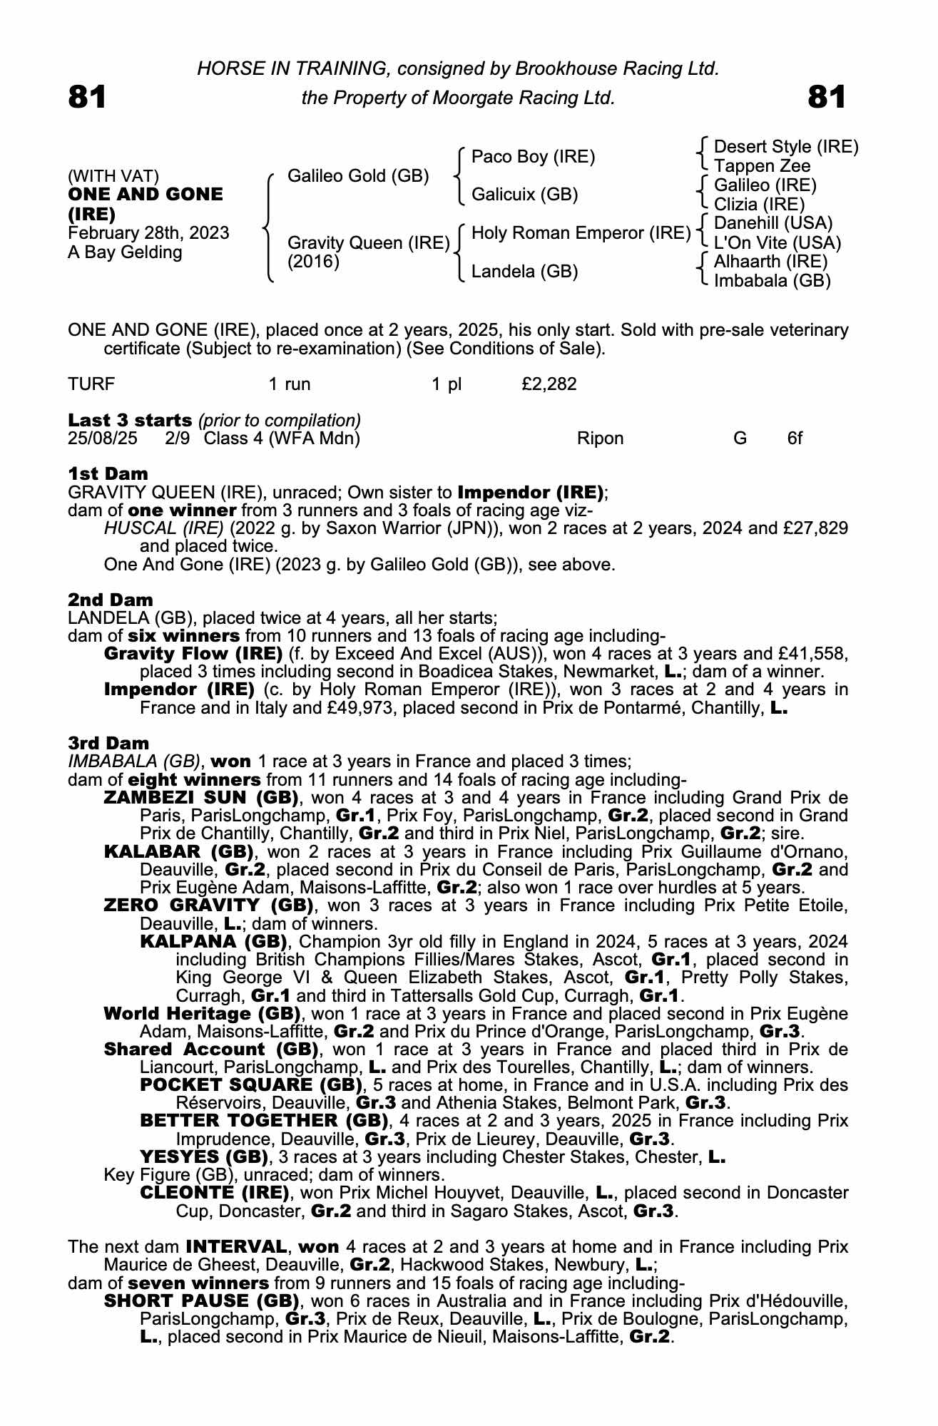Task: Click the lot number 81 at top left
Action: click(x=87, y=97)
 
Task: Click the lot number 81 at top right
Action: click(x=827, y=97)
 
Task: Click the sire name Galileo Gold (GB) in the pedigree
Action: click(x=358, y=175)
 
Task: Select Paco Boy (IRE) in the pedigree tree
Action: click(x=533, y=156)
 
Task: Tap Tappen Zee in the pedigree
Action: click(x=762, y=166)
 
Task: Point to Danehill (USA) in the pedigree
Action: click(x=773, y=223)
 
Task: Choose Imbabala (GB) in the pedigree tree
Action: click(x=773, y=281)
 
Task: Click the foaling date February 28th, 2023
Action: click(x=148, y=233)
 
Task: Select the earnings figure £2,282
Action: click(x=549, y=384)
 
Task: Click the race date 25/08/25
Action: click(x=103, y=438)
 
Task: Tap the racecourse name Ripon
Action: click(x=600, y=438)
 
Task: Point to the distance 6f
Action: click(x=795, y=438)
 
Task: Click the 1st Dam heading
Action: click(x=108, y=473)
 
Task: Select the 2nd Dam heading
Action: click(x=111, y=600)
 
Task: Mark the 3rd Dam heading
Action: click(x=108, y=744)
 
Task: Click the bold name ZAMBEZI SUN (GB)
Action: click(x=201, y=797)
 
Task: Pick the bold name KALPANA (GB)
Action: click(x=213, y=941)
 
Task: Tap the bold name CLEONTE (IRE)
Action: click(x=215, y=1193)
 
